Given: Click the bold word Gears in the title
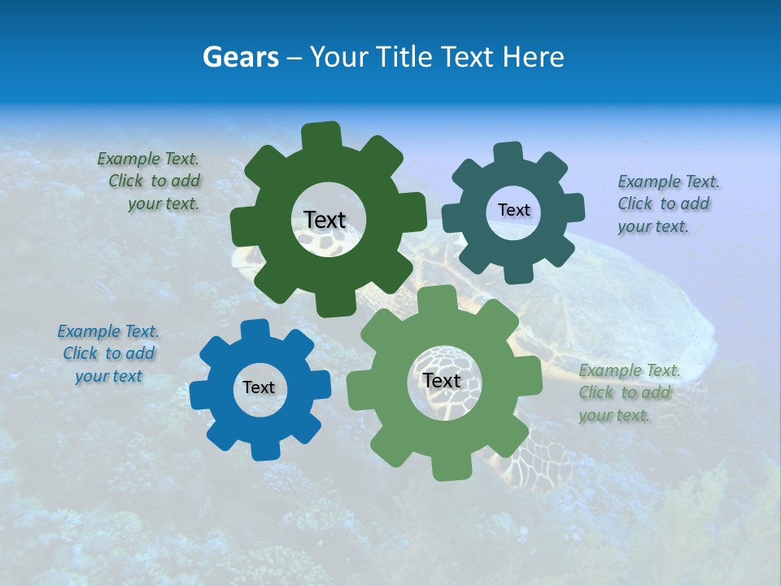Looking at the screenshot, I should (x=241, y=57).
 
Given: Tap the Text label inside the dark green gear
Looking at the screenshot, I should (x=325, y=220).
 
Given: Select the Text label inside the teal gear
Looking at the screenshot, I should (x=513, y=210).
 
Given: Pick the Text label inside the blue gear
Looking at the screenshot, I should (x=259, y=388).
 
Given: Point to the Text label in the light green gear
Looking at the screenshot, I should (x=442, y=381).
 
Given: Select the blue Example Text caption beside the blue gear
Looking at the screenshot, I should (x=108, y=353).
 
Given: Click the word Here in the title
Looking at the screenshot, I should (x=534, y=57).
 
